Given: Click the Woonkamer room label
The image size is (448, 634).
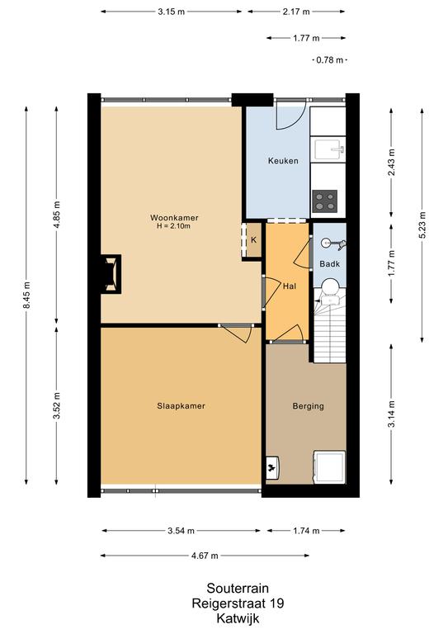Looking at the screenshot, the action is pyautogui.click(x=174, y=218).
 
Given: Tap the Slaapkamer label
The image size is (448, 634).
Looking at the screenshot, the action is pyautogui.click(x=181, y=406).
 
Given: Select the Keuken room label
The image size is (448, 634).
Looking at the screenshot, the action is pyautogui.click(x=283, y=161).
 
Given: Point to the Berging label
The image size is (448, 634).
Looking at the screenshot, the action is pyautogui.click(x=309, y=406).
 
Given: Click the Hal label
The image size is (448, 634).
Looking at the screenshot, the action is pyautogui.click(x=290, y=286).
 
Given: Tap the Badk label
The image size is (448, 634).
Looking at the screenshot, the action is pyautogui.click(x=330, y=264).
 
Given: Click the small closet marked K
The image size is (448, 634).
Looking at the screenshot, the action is pyautogui.click(x=253, y=239).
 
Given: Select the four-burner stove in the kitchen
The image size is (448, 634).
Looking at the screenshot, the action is pyautogui.click(x=325, y=201).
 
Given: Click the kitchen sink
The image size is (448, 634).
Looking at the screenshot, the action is pyautogui.click(x=328, y=149).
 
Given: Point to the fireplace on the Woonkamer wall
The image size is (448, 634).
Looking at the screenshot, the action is pyautogui.click(x=111, y=274).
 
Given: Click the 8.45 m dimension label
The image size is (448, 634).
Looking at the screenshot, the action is pyautogui.click(x=26, y=296).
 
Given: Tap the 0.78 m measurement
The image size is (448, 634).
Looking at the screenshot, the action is pyautogui.click(x=330, y=60).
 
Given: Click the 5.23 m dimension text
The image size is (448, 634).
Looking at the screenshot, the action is pyautogui.click(x=422, y=225).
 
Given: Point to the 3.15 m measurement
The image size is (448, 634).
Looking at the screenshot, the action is pyautogui.click(x=172, y=12).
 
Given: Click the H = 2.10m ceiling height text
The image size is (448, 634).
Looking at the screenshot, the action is pyautogui.click(x=174, y=226).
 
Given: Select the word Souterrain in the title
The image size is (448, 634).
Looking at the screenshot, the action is pyautogui.click(x=238, y=588).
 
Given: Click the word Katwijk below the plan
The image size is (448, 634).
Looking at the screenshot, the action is pyautogui.click(x=238, y=618).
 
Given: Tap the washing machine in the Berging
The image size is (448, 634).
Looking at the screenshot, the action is pyautogui.click(x=330, y=467).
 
